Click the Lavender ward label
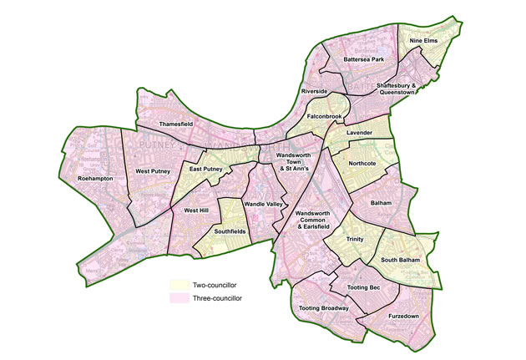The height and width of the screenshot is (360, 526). [360, 133]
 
